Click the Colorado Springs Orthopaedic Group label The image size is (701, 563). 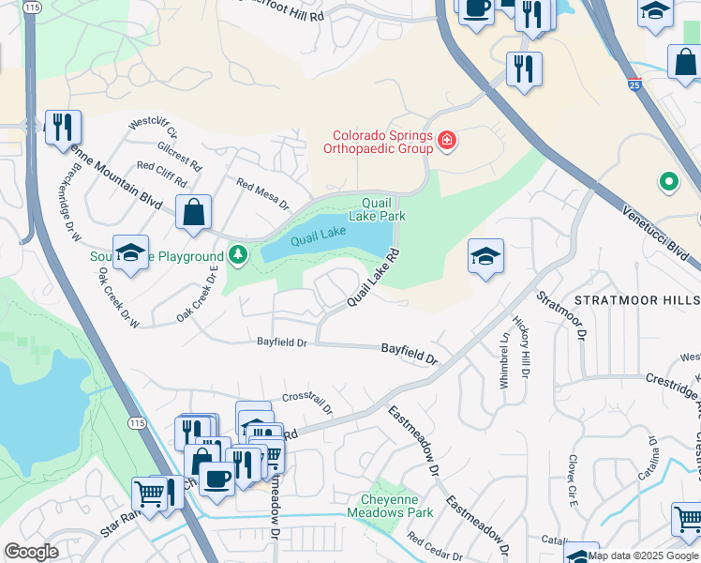pos(379,141)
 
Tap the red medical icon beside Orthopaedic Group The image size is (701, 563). pos(448,142)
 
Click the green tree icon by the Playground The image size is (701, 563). pos(238,254)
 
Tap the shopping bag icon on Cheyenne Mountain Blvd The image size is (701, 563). pos(193,213)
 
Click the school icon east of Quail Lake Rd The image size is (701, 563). pos(485,256)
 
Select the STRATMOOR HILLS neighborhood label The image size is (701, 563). pos(636,300)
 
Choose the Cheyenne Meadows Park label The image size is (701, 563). pos(390,506)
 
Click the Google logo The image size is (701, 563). pos(31,552)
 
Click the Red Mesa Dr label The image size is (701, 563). pos(262,194)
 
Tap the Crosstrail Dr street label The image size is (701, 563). pos(307,402)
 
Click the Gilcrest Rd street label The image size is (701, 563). pos(181,155)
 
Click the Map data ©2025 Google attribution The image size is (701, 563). pos(643,555)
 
